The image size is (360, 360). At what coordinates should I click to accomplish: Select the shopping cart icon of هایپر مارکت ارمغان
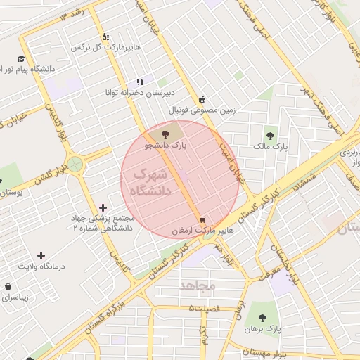[202, 219]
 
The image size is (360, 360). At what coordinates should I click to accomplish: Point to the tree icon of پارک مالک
[270, 136]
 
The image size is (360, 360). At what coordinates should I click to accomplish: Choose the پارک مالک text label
[271, 148]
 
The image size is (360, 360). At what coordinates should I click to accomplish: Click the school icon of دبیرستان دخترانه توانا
[140, 82]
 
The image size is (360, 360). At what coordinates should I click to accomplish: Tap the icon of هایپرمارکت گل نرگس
[105, 37]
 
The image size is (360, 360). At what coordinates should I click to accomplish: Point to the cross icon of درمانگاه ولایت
[41, 255]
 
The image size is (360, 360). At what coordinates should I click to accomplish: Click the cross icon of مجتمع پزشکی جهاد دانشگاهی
[103, 207]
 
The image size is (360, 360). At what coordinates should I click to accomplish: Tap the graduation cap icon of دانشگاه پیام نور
[21, 58]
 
